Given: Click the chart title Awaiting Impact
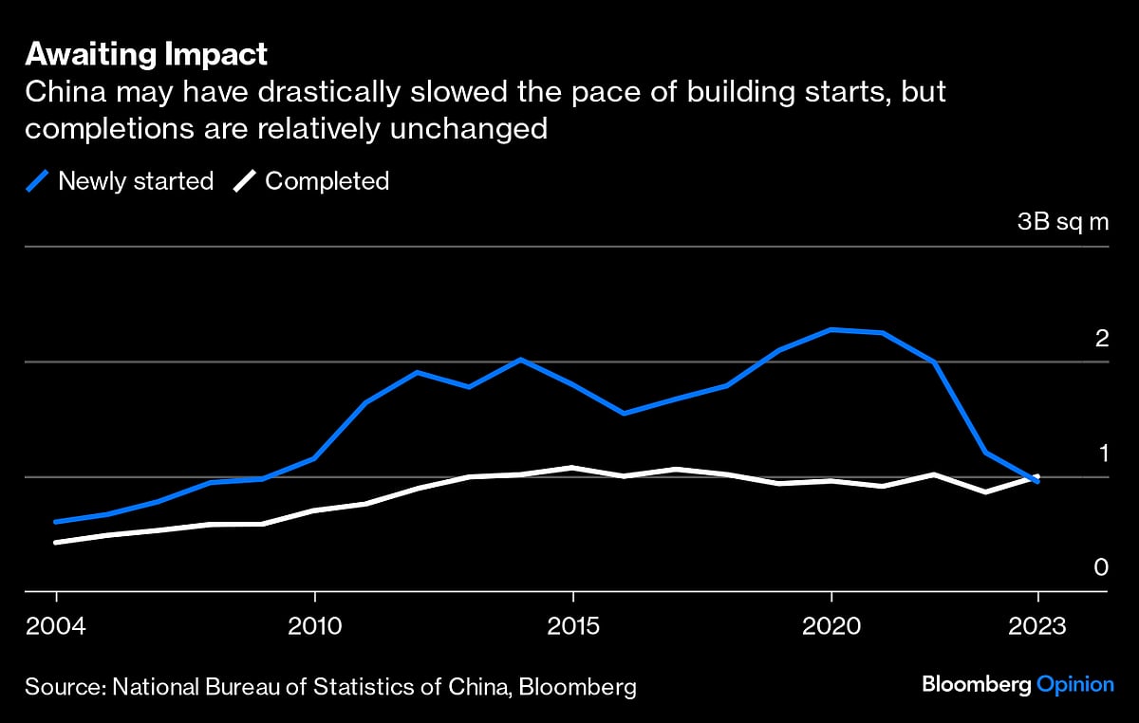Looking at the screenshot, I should point(146,55).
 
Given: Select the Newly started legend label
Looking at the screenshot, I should point(136,181).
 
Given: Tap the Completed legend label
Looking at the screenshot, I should point(327,181).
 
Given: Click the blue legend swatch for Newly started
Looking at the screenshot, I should point(38,181).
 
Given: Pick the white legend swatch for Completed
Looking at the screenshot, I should point(244,181).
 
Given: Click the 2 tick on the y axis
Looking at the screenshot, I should point(1101,338).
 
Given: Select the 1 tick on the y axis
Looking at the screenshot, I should point(1102,453).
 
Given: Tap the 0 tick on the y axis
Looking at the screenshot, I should point(1101,567).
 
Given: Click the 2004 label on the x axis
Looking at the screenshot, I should point(56,628).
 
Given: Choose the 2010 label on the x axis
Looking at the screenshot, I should point(314,628).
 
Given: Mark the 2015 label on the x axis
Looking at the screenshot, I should point(572,628).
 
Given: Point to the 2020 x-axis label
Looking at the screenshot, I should point(831,628).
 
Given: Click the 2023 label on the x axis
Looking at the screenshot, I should point(1037,628).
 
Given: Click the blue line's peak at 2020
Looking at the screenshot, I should point(831,329).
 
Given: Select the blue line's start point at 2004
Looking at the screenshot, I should point(56,522).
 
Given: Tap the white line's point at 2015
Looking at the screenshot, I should point(572,468).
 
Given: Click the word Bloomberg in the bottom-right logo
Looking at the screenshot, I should point(975,685).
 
